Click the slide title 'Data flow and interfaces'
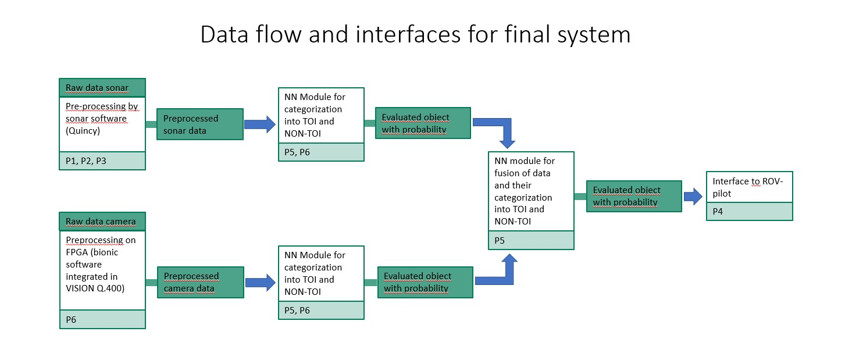pos(330,34)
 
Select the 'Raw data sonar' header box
pos(102,88)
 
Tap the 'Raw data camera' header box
pos(102,221)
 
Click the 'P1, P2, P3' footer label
pos(86,161)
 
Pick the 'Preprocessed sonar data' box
pos(200,124)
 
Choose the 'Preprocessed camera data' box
pos(200,282)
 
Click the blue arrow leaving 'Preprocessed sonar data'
pos(261,124)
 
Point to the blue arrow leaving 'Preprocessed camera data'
pos(261,283)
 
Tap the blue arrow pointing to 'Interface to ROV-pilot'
pos(693,196)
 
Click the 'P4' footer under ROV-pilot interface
pos(718,211)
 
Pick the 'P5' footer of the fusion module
pos(500,240)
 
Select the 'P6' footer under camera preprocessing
pos(71,320)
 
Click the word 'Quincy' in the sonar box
pos(83,131)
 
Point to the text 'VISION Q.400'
pos(95,288)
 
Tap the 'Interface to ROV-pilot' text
pos(748,187)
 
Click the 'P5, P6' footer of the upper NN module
pos(297,152)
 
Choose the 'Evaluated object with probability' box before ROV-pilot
pos(634,196)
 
